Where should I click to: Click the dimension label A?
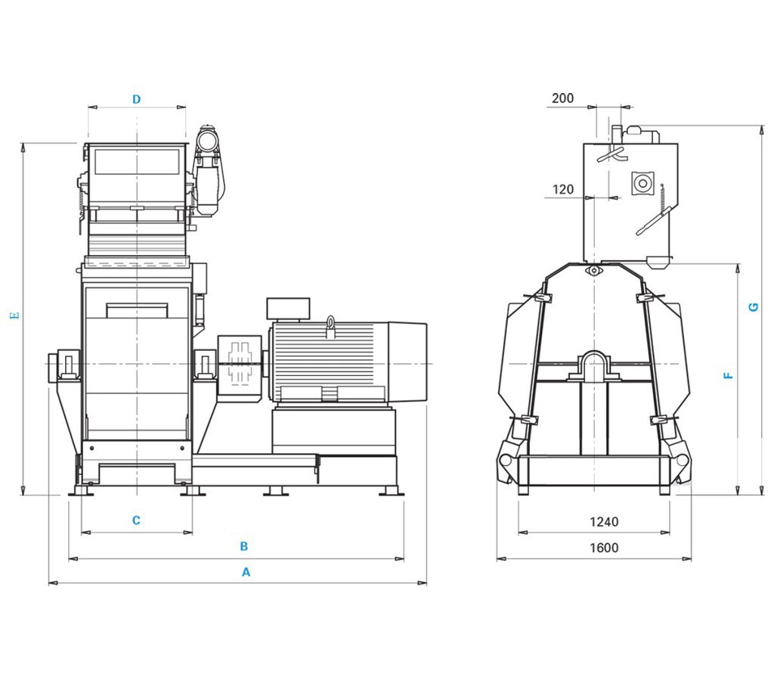246,573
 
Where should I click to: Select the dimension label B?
244,546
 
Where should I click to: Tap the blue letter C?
136,520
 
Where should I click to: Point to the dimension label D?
137,99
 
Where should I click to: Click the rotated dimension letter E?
14,315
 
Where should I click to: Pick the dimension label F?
729,374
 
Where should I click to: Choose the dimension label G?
752,307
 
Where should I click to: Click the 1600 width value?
603,548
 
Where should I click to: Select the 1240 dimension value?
603,522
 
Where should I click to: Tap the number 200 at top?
562,98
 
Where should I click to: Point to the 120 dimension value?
562,190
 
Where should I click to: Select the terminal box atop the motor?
288,308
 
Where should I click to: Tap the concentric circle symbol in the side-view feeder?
643,182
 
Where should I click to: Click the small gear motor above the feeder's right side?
209,141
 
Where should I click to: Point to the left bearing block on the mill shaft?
66,364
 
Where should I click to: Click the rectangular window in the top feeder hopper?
136,162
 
